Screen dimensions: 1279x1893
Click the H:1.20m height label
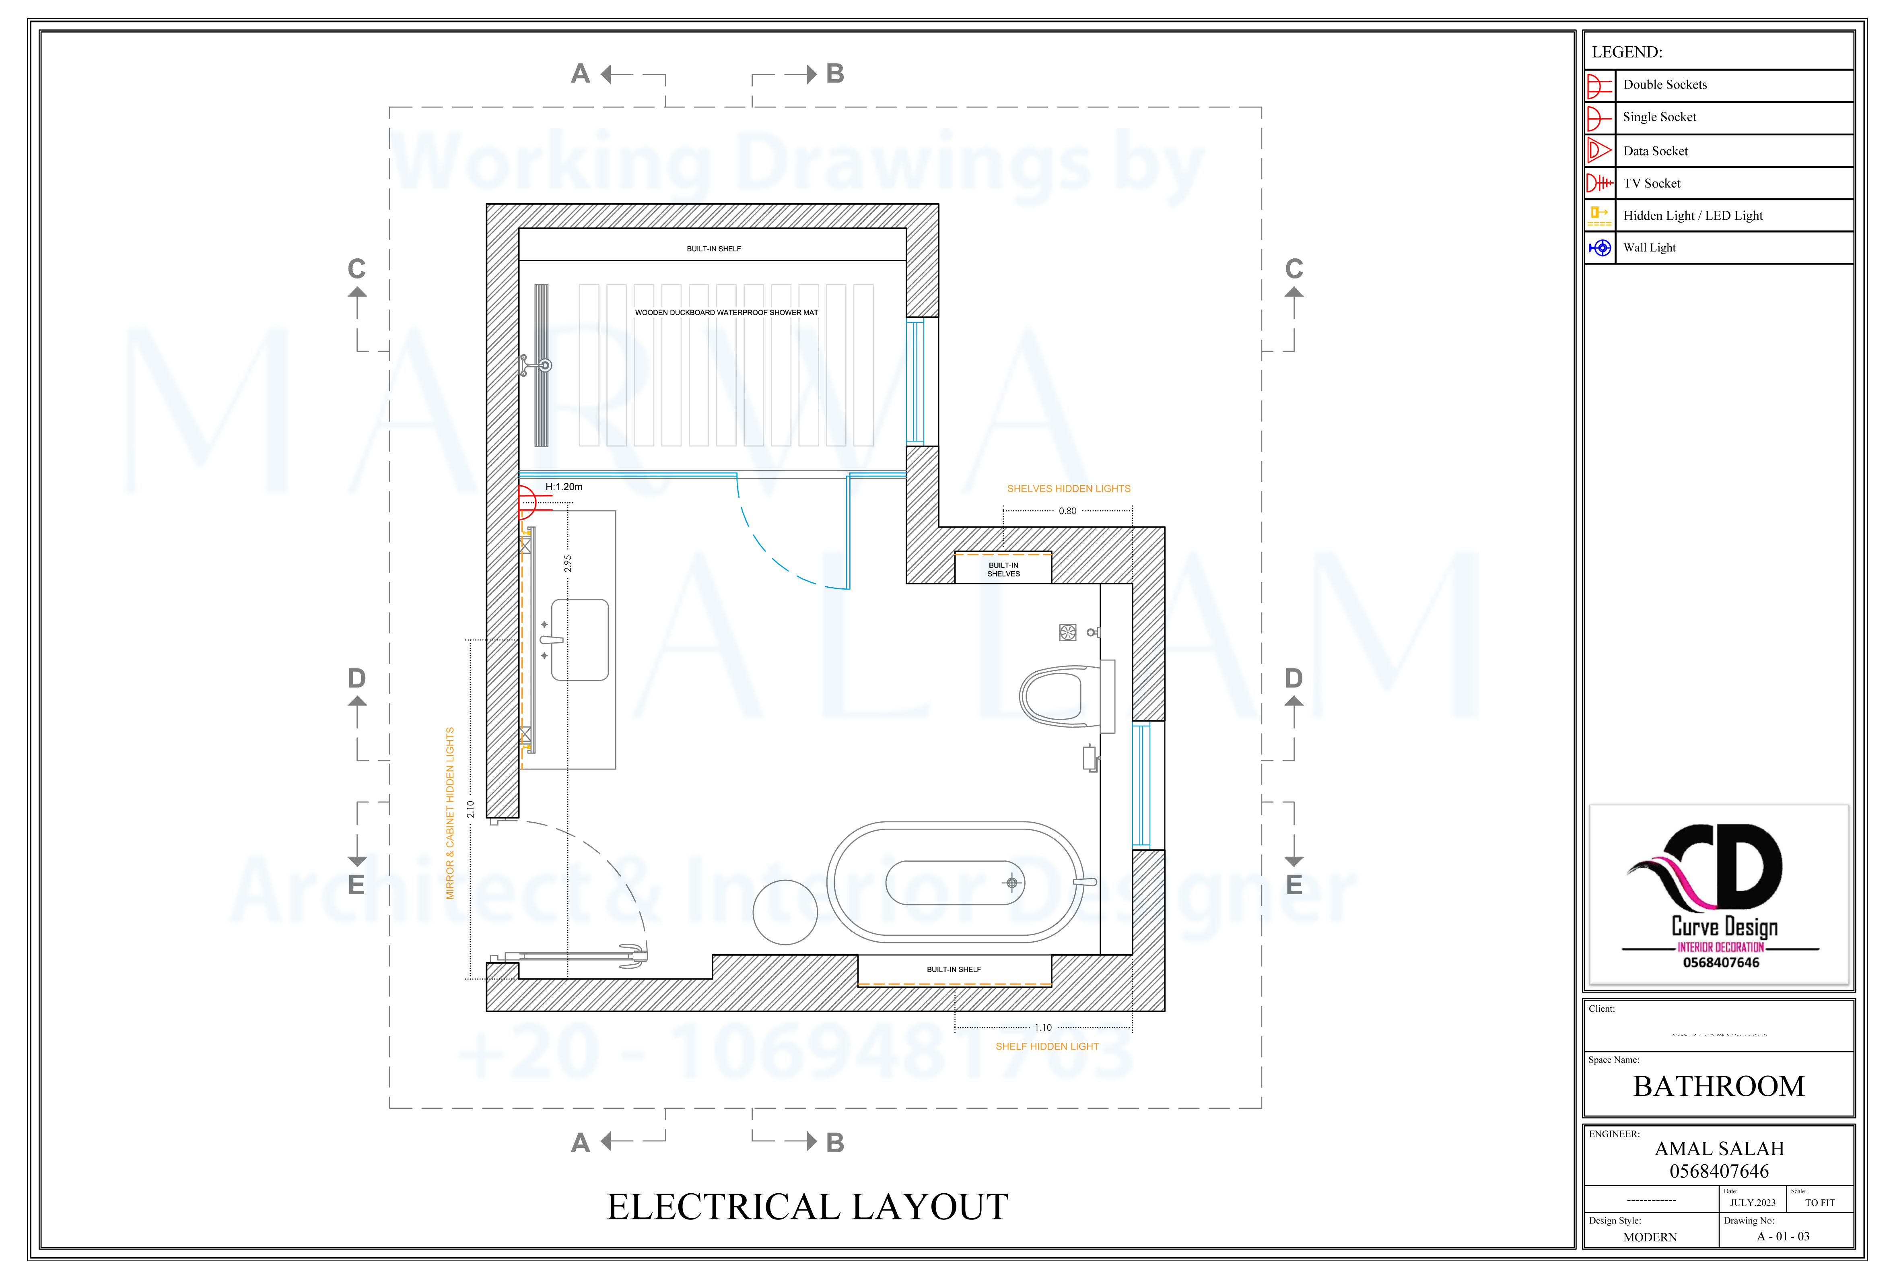point(564,487)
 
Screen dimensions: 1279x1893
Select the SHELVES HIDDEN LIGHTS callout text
point(1069,489)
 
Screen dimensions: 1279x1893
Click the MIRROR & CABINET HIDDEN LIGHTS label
point(450,813)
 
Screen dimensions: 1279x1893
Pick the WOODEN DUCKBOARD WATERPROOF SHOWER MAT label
point(727,313)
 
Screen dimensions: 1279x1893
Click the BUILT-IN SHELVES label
point(1003,569)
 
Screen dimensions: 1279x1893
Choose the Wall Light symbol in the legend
point(1600,248)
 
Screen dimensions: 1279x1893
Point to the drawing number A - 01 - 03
point(1783,1237)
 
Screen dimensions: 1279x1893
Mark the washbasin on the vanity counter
point(580,640)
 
